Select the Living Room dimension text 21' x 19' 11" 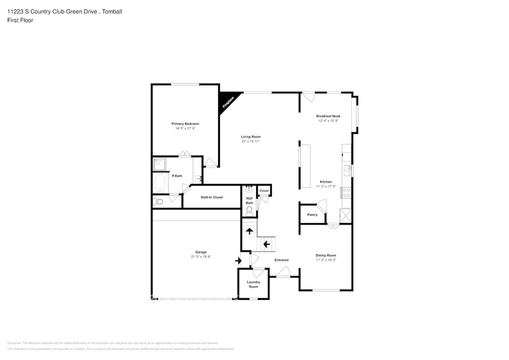click(x=251, y=141)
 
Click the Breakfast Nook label click(x=328, y=116)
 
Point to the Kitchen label click(x=326, y=182)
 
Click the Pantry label click(x=312, y=214)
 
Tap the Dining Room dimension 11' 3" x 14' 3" click(x=326, y=260)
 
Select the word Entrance click(x=281, y=260)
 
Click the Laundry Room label click(x=253, y=284)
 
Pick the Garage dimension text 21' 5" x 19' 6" click(x=201, y=257)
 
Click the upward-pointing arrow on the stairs click(x=249, y=231)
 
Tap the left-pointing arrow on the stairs click(x=266, y=244)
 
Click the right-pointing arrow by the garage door click(x=238, y=260)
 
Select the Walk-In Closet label click(x=211, y=197)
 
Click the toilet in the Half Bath click(x=249, y=210)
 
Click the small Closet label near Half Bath click(x=264, y=191)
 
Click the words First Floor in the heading click(x=20, y=20)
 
